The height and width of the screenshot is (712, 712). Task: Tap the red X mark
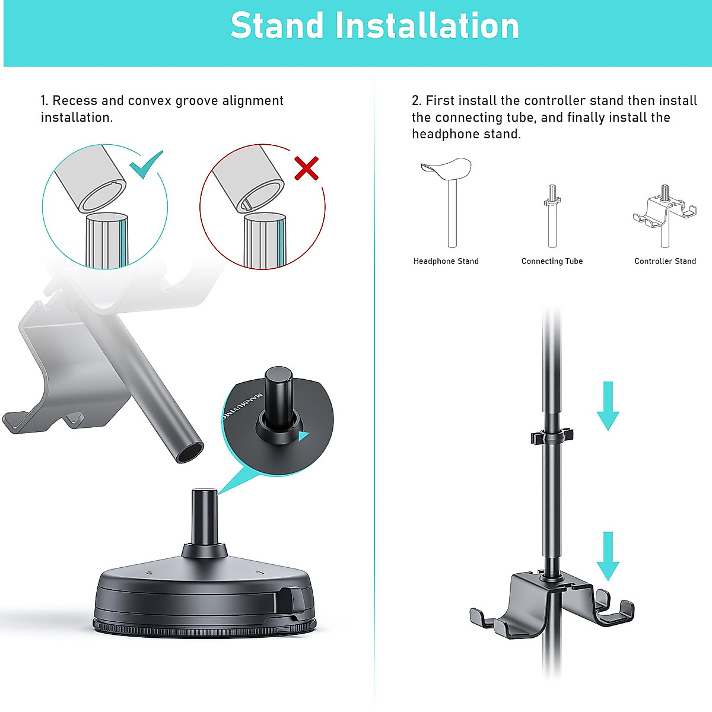coord(307,169)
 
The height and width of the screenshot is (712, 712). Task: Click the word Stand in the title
coord(277,26)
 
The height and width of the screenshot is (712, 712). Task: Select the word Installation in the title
coord(427,26)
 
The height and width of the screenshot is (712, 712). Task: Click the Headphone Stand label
coord(446,261)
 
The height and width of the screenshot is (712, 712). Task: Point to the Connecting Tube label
coord(552,261)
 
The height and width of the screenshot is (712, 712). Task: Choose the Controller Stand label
coord(665,261)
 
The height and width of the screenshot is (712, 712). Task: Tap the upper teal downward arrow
coord(608,406)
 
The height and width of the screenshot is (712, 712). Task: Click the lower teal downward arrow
coord(608,556)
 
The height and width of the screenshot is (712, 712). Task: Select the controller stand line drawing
coord(665,214)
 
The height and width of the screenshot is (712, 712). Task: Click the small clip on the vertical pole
coord(552,436)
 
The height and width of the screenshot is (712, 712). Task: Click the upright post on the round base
coord(204,516)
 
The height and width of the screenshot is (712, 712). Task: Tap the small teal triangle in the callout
coord(304,437)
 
